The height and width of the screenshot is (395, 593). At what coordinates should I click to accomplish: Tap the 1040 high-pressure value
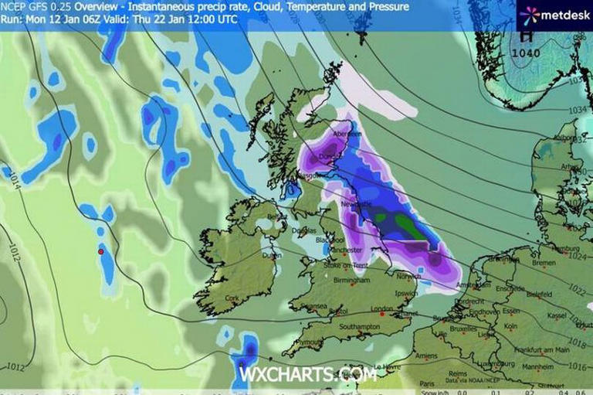pos(528,53)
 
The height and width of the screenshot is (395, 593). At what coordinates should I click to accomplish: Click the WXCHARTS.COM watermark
pos(307,375)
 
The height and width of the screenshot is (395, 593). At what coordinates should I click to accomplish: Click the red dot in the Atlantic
pos(101,251)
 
